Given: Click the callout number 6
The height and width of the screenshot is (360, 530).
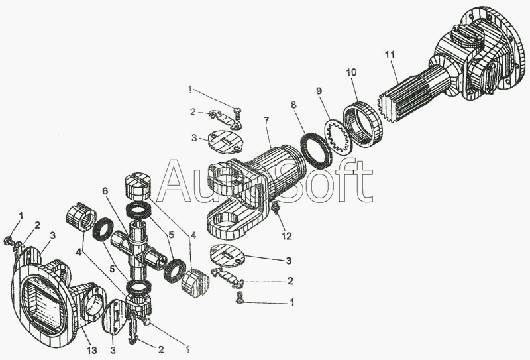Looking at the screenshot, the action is pos(105,191).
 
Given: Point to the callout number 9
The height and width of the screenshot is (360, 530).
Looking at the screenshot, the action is pos(319,90).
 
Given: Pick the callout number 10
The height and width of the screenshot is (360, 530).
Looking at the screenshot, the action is pos(351,71).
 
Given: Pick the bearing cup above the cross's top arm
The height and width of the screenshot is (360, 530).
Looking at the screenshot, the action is pos(137,186).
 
